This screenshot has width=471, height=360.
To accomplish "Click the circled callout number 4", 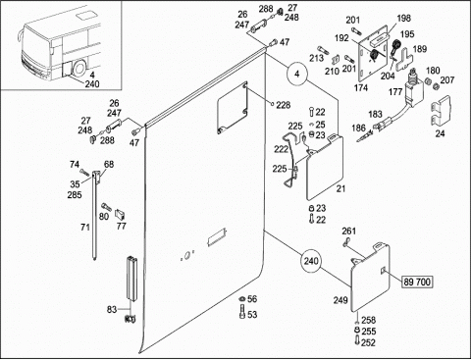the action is pos(296,74).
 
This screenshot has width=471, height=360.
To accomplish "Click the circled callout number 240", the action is pos(311,261).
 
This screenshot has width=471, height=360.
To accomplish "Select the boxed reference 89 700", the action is pos(417,282).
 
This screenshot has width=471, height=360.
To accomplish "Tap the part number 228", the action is pos(284,105).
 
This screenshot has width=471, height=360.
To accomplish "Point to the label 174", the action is pos(361,87).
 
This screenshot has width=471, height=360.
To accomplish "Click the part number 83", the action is pos(112,309).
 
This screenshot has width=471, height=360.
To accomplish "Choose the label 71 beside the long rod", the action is pos(85,227).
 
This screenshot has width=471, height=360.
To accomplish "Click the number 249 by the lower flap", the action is pos(340,300).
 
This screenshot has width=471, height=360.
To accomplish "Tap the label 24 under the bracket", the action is pos(440,133).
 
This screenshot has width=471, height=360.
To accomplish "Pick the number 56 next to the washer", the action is pos(252,299).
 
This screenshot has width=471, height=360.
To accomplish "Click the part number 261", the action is pos(348,231).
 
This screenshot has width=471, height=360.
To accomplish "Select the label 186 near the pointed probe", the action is pos(358,128).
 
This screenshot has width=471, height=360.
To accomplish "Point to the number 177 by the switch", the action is pos(395,92).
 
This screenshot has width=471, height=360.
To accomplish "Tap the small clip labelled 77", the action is pos(121,215).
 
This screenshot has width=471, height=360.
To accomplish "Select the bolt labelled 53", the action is pos(242,312).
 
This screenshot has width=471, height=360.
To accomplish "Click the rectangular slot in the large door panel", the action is pos(217,237).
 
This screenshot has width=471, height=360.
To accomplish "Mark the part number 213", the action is pos(317,58).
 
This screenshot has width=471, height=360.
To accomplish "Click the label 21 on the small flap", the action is pos(340,188).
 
